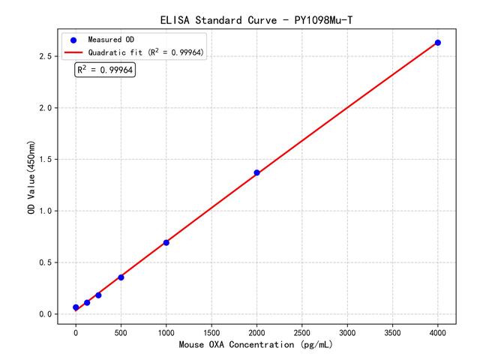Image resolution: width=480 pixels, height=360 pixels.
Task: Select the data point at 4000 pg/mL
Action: click(438, 43)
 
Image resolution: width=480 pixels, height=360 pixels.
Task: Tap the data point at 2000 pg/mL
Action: click(256, 172)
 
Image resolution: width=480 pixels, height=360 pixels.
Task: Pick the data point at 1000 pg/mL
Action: click(166, 242)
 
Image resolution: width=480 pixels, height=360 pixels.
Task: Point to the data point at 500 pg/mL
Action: click(121, 277)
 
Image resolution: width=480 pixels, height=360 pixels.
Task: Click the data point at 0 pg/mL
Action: click(76, 307)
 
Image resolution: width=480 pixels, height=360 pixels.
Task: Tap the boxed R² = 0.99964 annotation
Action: click(105, 70)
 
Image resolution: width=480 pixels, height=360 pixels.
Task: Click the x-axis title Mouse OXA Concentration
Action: click(256, 346)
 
